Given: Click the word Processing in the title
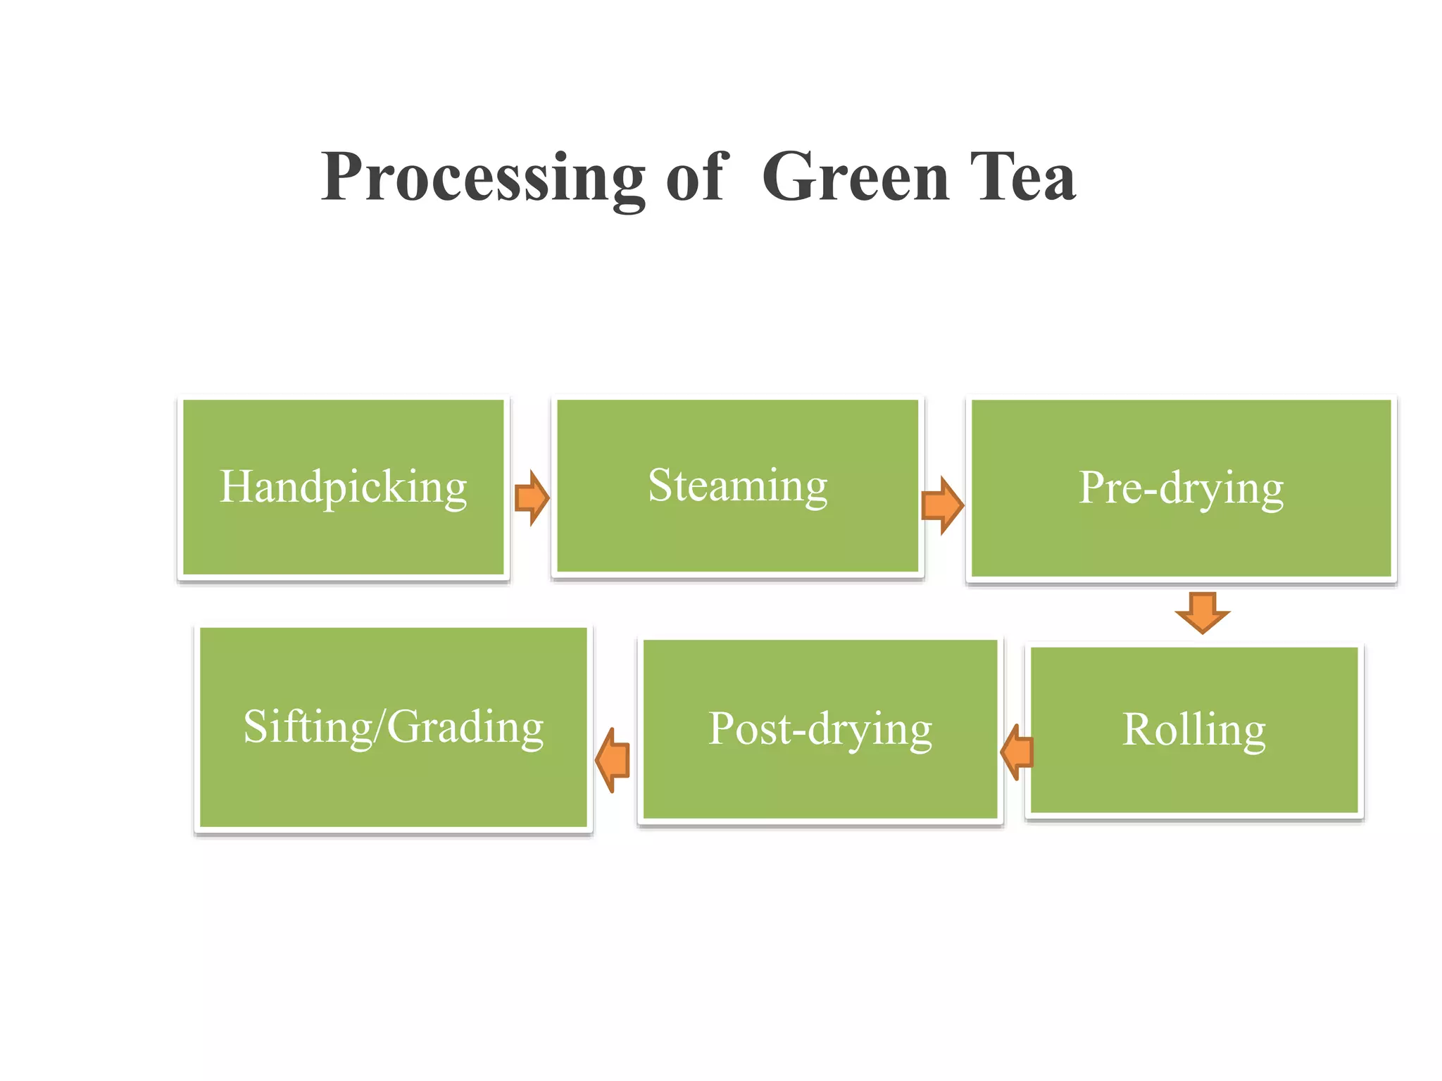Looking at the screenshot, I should pyautogui.click(x=483, y=178).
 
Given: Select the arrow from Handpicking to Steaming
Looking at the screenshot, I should pyautogui.click(x=532, y=498).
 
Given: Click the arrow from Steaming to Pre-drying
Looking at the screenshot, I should pyautogui.click(x=942, y=505).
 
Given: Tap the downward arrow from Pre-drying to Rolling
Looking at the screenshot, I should pyautogui.click(x=1203, y=612).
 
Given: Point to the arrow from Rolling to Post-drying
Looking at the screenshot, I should pyautogui.click(x=1017, y=752).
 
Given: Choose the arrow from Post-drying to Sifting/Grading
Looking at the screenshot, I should pyautogui.click(x=613, y=760).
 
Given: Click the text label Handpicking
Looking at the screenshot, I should pyautogui.click(x=344, y=487).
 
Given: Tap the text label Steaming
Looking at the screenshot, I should pyautogui.click(x=737, y=486).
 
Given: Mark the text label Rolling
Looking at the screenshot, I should pyautogui.click(x=1194, y=729).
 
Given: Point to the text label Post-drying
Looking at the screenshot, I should pyautogui.click(x=820, y=728).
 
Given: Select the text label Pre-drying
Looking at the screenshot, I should pyautogui.click(x=1181, y=488).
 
